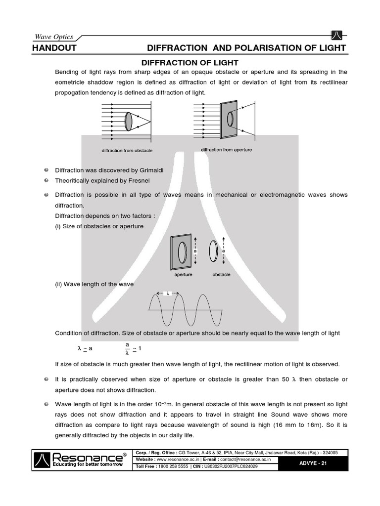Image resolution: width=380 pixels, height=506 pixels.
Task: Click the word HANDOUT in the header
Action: pos(53,47)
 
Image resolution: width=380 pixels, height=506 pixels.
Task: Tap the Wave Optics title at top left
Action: pos(53,37)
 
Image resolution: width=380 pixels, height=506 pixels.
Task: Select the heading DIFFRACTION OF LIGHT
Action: pos(190,62)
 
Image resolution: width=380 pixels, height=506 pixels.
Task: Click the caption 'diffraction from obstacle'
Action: pos(127,150)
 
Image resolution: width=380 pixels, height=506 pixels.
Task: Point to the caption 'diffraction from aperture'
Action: pos(226,150)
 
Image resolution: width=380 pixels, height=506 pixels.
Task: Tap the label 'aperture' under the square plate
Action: pos(183,274)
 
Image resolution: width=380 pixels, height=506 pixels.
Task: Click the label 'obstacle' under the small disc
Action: pos(221,274)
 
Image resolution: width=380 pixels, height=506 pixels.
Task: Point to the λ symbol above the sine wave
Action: pos(168,293)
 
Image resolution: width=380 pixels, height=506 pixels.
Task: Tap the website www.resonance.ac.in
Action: pos(181,459)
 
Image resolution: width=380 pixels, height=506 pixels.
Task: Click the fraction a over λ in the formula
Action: pos(127,348)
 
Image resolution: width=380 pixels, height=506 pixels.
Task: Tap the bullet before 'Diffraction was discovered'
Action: pos(46,170)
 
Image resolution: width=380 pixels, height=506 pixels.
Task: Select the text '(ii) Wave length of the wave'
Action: pos(94,284)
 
